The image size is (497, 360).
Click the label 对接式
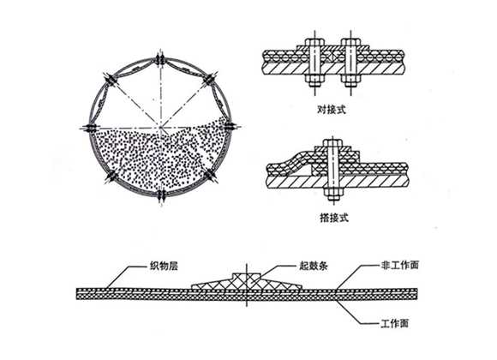point(332,110)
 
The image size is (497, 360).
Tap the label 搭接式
point(334,218)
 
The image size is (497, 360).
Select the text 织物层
point(164,266)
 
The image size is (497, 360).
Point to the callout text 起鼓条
point(314,266)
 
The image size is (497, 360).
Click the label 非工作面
point(400,265)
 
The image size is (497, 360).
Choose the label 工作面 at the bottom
point(395,323)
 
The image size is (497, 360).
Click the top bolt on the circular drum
point(161,59)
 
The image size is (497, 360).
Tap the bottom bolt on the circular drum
point(161,195)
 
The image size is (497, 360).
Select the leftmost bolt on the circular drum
point(90,128)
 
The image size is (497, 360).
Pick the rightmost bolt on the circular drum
point(231,127)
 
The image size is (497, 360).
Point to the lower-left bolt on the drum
point(111,176)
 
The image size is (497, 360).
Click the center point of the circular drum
point(161,128)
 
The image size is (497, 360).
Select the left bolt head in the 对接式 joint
point(314,42)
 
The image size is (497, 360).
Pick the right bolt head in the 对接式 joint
point(350,42)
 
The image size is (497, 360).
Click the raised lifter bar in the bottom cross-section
point(247,281)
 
